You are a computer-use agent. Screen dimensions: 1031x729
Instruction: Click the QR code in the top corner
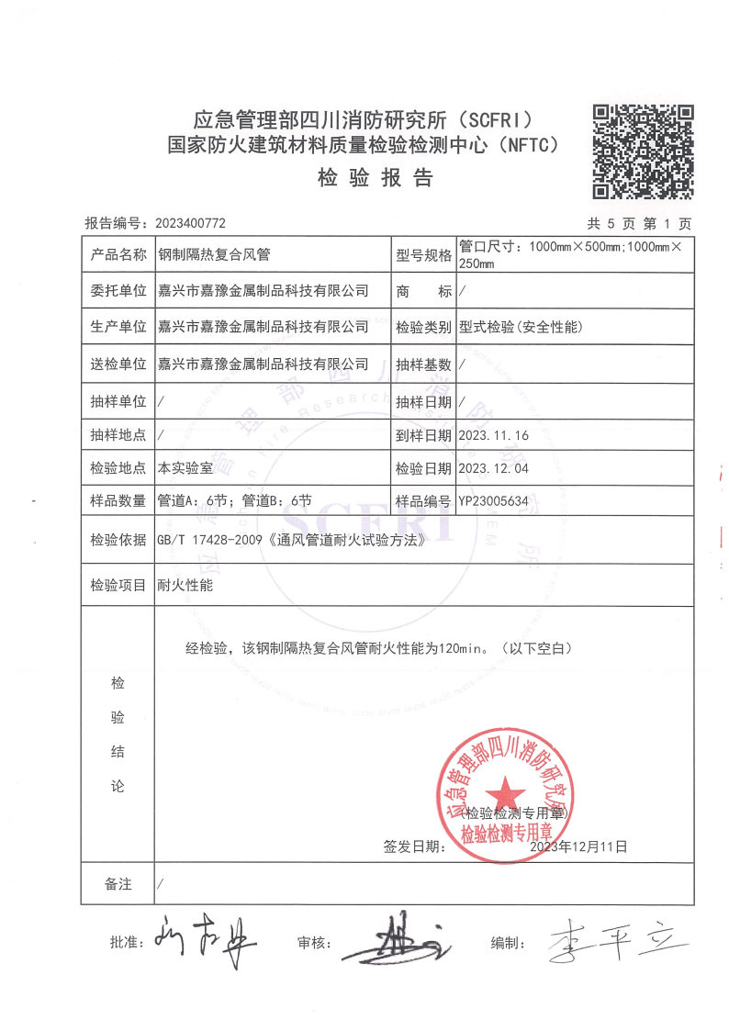pos(642,151)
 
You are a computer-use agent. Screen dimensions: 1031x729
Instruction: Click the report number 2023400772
pos(191,223)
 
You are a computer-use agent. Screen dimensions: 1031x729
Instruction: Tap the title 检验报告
pos(376,178)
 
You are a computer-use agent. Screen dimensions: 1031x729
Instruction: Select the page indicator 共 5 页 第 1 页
pos(639,223)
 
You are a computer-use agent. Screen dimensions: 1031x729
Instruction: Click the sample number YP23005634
pos(494,501)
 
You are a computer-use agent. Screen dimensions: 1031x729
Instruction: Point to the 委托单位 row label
pos(118,291)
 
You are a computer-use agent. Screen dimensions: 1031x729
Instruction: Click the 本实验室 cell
pos(185,468)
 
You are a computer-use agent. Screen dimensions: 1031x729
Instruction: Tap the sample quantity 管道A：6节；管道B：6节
pos(235,501)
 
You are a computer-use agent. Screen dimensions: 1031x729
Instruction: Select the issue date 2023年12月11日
pos(578,846)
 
